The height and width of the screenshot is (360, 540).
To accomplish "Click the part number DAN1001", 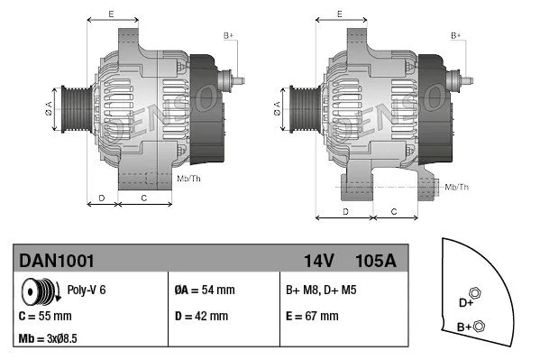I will [56, 260].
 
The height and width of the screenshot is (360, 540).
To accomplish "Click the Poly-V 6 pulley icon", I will [38, 291].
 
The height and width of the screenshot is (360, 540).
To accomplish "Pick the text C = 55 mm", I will [45, 317].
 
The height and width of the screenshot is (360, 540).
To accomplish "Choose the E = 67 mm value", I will [312, 317].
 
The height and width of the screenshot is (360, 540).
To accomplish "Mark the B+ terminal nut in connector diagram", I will [479, 326].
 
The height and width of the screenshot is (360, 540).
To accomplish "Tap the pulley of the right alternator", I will [298, 110].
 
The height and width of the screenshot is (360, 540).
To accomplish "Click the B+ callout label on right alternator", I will [455, 35].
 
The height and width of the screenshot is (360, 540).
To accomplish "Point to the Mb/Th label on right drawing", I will [457, 187].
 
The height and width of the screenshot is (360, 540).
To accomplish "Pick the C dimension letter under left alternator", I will [144, 197].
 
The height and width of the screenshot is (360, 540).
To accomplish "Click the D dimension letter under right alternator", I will [345, 210].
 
